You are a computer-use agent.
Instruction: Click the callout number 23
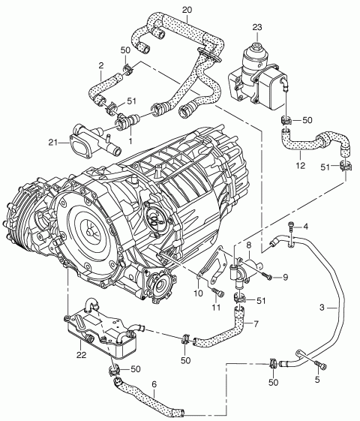click(257, 27)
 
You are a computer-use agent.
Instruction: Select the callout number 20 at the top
click(187, 10)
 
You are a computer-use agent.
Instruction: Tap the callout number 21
click(54, 142)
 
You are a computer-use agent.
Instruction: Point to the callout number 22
click(81, 355)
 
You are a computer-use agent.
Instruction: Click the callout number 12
click(301, 165)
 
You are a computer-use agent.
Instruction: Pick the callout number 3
click(322, 307)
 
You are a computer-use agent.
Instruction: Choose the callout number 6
click(154, 384)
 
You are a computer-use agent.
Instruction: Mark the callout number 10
click(199, 293)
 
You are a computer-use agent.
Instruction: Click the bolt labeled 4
click(290, 231)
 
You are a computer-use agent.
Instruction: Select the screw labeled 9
click(267, 275)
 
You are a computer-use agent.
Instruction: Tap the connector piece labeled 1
click(128, 120)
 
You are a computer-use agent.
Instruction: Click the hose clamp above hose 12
click(286, 121)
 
